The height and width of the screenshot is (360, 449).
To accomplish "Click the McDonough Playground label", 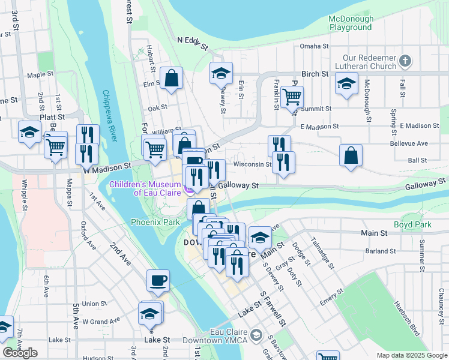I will (x=351, y=23).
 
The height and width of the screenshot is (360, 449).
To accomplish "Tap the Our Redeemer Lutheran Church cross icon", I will (x=405, y=61).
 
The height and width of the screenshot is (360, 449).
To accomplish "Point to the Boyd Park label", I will (x=412, y=224).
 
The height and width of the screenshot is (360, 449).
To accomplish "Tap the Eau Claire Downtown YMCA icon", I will (x=257, y=334).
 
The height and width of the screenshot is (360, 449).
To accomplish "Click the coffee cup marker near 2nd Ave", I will (x=158, y=281).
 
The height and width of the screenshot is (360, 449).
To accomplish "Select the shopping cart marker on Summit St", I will (x=292, y=97).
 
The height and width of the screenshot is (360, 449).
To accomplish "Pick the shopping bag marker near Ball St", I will (x=351, y=155).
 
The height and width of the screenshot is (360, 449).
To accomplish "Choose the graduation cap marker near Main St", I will (x=260, y=237).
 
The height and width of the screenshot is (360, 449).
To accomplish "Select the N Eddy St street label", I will (x=192, y=43).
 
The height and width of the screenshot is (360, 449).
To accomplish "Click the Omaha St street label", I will (x=315, y=46).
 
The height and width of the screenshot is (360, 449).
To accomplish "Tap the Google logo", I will (x=20, y=353).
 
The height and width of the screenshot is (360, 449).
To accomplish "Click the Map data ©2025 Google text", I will (x=412, y=355).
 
